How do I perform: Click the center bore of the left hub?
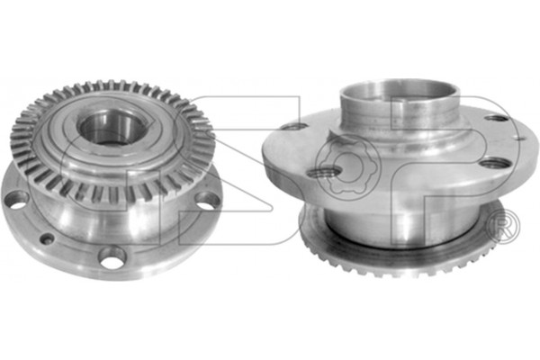(x=112, y=129)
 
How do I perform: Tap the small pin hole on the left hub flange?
(x=47, y=238)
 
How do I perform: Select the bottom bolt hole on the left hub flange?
(x=112, y=256)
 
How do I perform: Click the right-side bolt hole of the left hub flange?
(x=208, y=201)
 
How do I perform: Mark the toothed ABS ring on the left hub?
(x=113, y=141)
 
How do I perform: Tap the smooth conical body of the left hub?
(x=113, y=220)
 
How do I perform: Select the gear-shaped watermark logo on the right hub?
(x=348, y=166)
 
